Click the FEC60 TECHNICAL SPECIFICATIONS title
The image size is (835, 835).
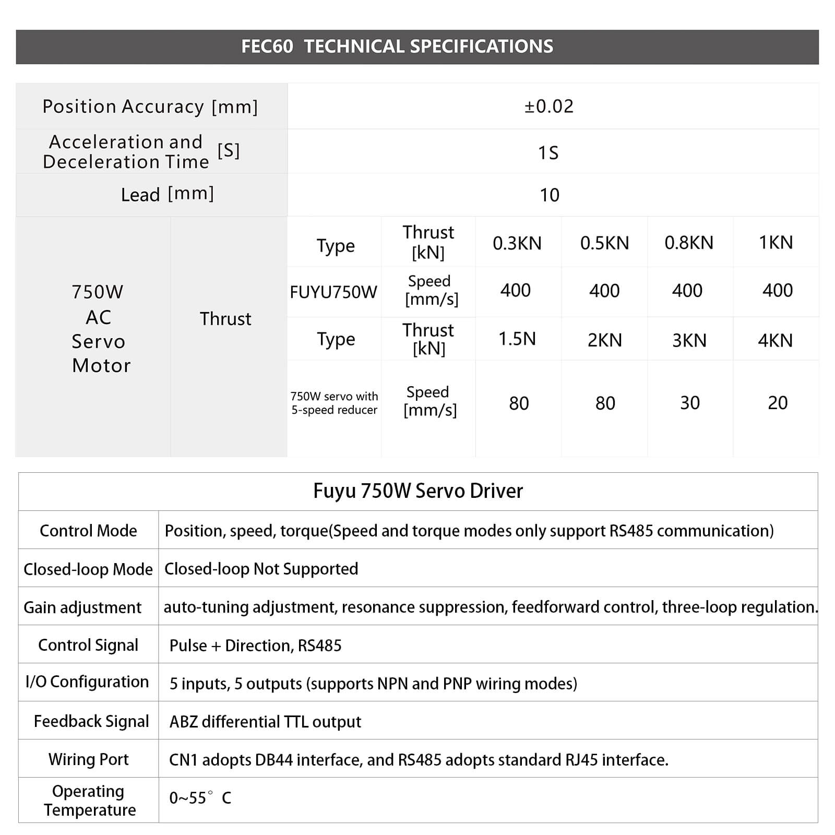pos(397,46)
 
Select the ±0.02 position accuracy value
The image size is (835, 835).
pos(549,106)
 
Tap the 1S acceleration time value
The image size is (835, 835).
pos(548,152)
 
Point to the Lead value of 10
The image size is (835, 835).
pos(550,195)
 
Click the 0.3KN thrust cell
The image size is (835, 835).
pos(517,243)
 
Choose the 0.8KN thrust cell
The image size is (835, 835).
pos(689,243)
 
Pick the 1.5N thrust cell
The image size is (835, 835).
pos(517,339)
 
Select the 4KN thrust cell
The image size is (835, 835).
pos(776,340)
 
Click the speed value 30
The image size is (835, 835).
pos(690,403)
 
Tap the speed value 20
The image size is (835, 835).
pos(778,403)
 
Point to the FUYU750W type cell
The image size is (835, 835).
pos(333,292)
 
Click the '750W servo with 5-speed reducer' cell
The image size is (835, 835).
pos(334,403)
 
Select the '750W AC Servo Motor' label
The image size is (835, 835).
pos(100,329)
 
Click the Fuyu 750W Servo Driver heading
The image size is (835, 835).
pos(418,491)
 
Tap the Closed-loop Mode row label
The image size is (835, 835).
pos(88,569)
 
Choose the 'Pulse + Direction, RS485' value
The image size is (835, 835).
pos(255,646)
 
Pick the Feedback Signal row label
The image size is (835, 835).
pos(91,721)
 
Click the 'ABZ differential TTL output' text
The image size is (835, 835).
pos(265,722)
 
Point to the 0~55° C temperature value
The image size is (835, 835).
pos(200,798)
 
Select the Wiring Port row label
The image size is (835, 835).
pos(89,759)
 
